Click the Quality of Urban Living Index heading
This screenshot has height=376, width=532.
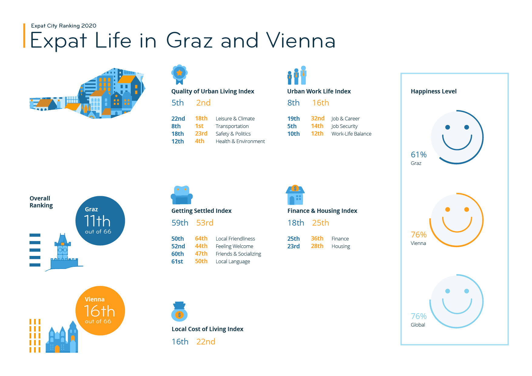(x=213, y=91)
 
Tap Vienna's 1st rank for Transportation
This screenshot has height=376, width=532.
(x=199, y=126)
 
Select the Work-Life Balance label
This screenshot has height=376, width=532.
(x=351, y=134)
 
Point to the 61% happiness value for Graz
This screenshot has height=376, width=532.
(x=419, y=155)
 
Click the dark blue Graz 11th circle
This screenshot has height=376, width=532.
(x=100, y=221)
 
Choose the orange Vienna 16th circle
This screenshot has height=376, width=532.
(x=100, y=311)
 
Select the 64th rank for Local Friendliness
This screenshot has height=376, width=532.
(x=201, y=238)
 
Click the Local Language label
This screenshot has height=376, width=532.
(x=233, y=261)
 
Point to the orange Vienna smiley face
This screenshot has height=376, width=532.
(x=457, y=220)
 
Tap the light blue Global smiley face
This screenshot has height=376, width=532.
(x=457, y=301)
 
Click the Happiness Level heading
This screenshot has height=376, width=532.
(x=433, y=91)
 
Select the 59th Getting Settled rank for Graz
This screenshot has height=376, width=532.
(x=180, y=223)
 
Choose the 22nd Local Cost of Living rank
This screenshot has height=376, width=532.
(x=206, y=342)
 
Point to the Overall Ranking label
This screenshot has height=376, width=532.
(x=41, y=202)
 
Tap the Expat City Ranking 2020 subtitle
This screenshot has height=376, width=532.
(x=64, y=26)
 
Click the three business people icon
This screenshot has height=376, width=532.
(x=297, y=75)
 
